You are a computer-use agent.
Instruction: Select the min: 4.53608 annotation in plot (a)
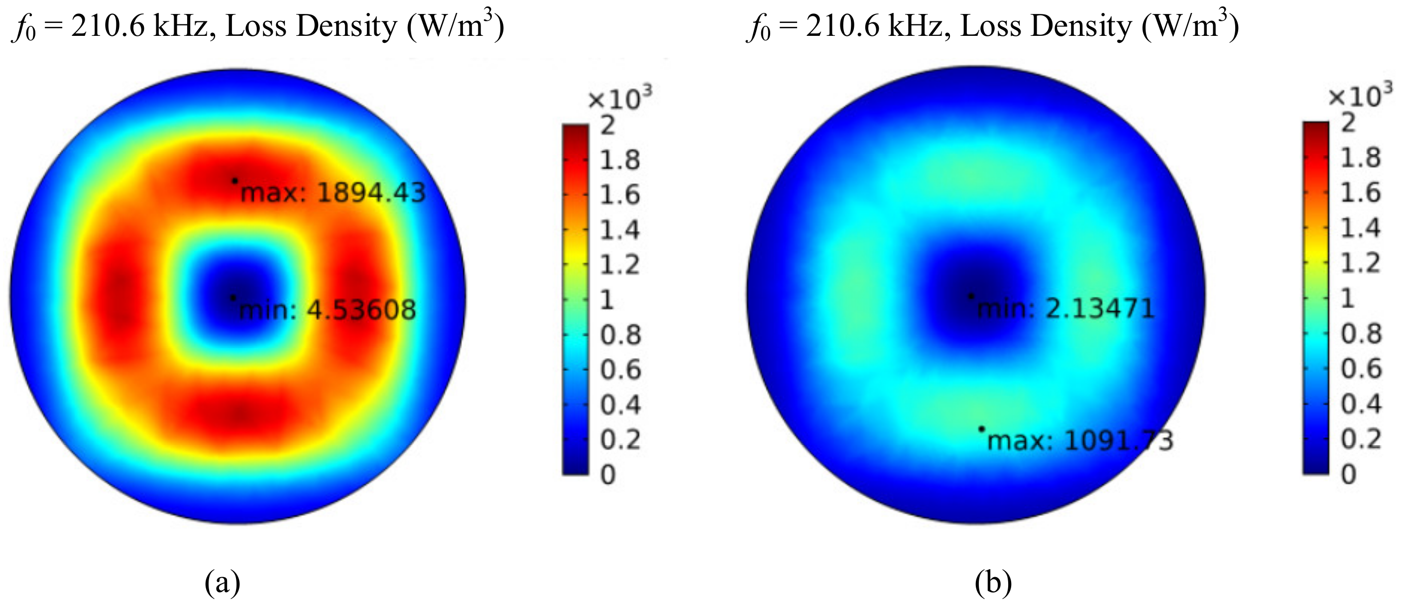(328, 310)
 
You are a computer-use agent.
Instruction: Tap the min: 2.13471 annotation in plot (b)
(1065, 309)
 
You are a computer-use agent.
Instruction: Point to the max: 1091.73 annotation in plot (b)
(1080, 441)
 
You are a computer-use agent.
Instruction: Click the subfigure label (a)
(222, 583)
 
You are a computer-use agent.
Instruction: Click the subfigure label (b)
(993, 583)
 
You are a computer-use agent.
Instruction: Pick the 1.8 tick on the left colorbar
(619, 160)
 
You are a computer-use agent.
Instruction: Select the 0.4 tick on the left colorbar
(620, 405)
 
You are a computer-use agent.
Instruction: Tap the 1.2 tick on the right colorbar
(1360, 263)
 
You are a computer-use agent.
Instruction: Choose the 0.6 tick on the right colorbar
(1361, 368)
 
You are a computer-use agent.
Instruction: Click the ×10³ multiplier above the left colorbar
(619, 99)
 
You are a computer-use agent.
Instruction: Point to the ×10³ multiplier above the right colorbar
(1360, 96)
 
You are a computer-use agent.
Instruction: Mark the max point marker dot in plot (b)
(981, 429)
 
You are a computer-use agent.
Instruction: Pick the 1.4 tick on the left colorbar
(619, 231)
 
